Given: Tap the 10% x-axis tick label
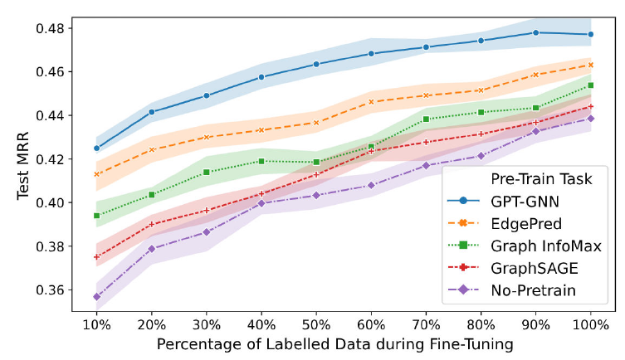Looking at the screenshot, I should click(x=97, y=324).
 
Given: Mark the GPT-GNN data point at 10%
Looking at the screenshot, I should click(x=97, y=148).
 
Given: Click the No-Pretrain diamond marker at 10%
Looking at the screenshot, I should click(x=97, y=296).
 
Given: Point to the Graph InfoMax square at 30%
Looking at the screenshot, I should click(x=207, y=172).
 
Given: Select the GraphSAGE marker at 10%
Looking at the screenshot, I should click(x=97, y=257).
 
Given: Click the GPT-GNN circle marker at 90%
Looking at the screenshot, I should click(x=536, y=32).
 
